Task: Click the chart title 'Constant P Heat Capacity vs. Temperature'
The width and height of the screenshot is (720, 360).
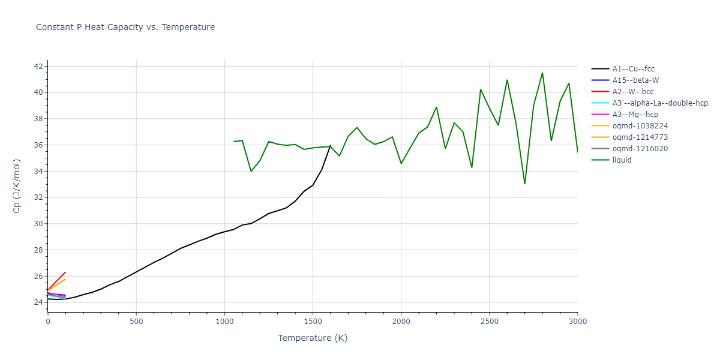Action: [x=125, y=27]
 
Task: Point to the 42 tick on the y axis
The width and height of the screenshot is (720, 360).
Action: [x=37, y=66]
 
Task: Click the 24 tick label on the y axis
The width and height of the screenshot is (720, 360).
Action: [x=37, y=302]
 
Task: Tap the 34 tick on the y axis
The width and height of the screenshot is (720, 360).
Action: [x=37, y=171]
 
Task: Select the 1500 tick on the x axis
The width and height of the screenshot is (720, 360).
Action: [x=313, y=322]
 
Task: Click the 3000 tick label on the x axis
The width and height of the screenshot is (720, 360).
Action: [x=578, y=322]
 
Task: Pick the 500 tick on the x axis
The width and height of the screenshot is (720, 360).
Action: [x=136, y=322]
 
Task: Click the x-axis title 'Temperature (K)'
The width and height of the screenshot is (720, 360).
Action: [x=313, y=338]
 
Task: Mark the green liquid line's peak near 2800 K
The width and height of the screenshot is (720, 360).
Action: [x=542, y=73]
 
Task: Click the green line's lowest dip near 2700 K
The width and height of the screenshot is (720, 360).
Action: [x=524, y=184]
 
